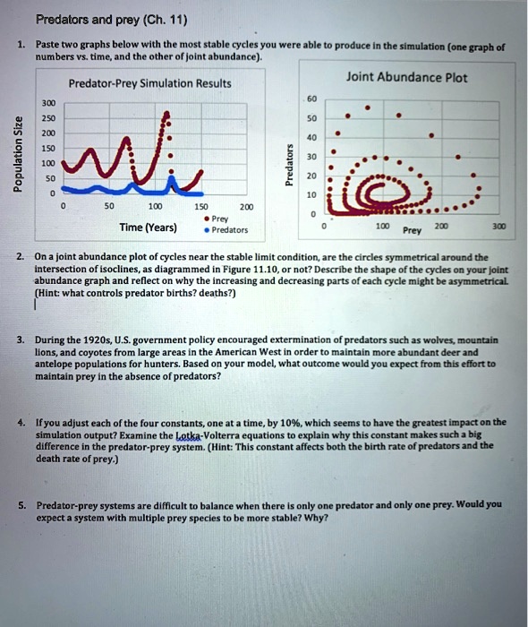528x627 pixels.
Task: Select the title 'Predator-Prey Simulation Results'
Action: (149, 83)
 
